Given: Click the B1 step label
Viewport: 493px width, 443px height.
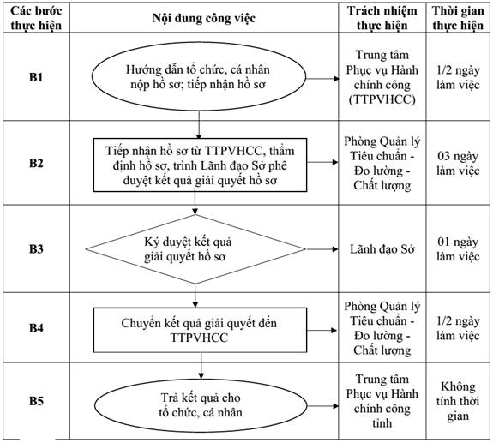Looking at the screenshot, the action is [x=36, y=77].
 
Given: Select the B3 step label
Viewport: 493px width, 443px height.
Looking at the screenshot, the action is [x=36, y=248].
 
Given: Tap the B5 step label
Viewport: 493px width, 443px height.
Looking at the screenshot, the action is [x=36, y=401].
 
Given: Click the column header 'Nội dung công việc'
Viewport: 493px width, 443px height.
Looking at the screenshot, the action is [x=204, y=18].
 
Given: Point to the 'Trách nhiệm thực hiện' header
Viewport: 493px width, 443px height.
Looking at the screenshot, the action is [x=382, y=18].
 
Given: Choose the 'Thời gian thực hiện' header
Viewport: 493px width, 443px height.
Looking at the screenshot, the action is [x=458, y=18].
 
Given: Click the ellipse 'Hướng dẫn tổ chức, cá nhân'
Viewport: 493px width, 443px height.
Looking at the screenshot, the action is [x=199, y=76].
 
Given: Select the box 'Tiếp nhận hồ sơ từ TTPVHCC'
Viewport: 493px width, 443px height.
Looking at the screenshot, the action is [x=200, y=165].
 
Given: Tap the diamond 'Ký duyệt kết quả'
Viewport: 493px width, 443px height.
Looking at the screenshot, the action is [x=195, y=249].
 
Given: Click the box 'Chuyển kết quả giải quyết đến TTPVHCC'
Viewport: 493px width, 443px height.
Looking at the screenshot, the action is [x=200, y=330].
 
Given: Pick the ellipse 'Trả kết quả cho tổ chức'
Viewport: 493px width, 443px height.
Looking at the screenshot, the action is [x=201, y=405].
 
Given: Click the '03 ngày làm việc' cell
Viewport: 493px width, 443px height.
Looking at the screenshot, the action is [x=458, y=164].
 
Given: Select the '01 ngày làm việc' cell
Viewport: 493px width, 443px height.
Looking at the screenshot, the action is [x=458, y=249].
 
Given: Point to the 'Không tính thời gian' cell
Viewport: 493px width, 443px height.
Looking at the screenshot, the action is [x=458, y=401].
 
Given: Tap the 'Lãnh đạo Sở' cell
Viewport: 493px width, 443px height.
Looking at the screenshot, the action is [x=382, y=249].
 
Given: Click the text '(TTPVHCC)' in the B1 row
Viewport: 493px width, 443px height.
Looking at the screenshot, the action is [x=382, y=99].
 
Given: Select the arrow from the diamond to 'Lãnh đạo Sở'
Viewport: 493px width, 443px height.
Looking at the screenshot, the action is [x=322, y=249].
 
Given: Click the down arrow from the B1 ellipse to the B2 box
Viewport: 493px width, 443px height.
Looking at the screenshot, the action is [x=199, y=125].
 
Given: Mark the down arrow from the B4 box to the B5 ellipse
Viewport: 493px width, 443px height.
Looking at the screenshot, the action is [x=201, y=366].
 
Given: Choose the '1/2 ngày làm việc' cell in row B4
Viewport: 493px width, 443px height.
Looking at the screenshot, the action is [x=458, y=328].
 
